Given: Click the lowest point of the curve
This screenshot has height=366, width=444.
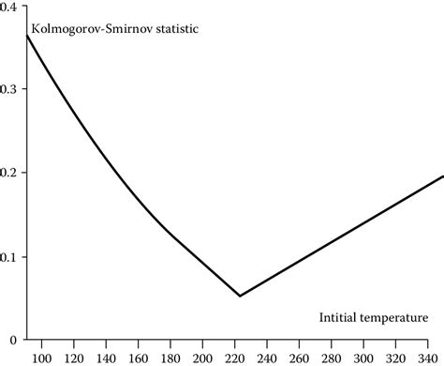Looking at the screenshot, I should coord(240,296).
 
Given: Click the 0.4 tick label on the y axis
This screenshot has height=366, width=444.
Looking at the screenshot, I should coord(12,7).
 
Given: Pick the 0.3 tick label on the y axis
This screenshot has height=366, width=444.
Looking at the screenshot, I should coord(12,89).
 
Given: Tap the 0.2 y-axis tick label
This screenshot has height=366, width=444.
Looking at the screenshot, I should coord(12,173).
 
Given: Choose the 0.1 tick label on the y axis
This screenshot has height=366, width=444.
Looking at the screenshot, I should coord(12,256).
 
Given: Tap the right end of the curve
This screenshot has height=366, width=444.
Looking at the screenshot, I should coord(442,175).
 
